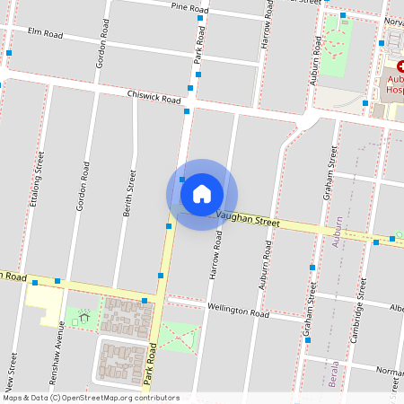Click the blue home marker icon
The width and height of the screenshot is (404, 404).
pyautogui.click(x=202, y=194)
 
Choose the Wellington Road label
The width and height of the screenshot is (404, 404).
pyautogui.click(x=239, y=312)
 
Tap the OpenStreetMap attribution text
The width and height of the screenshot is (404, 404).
pyautogui.click(x=90, y=398)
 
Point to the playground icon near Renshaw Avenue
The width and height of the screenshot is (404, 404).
pyautogui.click(x=84, y=316)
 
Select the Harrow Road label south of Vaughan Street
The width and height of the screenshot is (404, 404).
pyautogui.click(x=216, y=254)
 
